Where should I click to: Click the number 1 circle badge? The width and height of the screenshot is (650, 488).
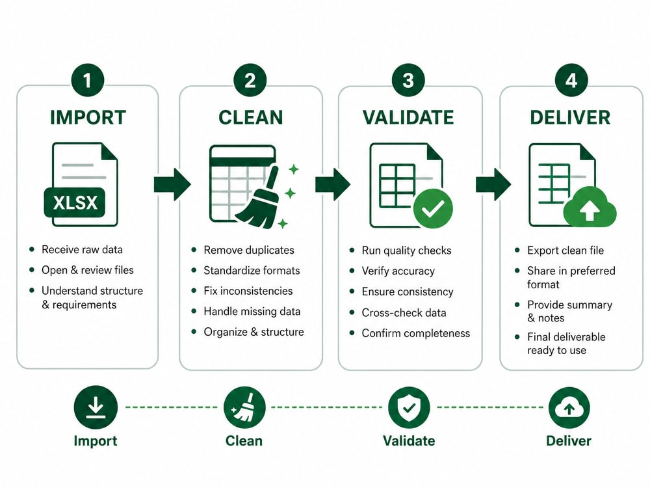87,80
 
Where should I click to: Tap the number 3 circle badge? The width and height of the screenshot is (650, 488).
408,80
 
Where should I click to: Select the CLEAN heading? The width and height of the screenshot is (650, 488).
251,117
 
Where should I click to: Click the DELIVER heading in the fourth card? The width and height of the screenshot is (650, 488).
570,117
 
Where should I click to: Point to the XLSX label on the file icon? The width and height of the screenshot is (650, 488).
75,202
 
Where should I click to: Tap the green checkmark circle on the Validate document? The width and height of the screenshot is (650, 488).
433,208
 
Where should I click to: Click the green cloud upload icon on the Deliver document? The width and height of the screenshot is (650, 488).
590,207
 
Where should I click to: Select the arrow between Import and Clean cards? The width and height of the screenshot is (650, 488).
172,184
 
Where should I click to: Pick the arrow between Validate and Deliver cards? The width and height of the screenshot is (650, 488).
493,184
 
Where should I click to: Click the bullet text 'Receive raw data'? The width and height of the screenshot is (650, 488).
82,249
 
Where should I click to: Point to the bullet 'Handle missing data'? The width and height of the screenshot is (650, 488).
252,311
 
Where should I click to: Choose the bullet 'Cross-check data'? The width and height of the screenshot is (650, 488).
404,312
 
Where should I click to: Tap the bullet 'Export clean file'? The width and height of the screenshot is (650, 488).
565,251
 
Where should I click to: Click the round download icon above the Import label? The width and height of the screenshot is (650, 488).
96,407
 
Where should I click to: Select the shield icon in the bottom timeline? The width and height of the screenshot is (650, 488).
409,408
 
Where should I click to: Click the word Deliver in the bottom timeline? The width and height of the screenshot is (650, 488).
568,441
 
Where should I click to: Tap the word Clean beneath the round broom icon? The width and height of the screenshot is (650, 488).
244,441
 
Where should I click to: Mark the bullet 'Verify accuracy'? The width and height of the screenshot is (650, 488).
398,271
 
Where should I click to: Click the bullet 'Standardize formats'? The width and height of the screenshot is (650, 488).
252,270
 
